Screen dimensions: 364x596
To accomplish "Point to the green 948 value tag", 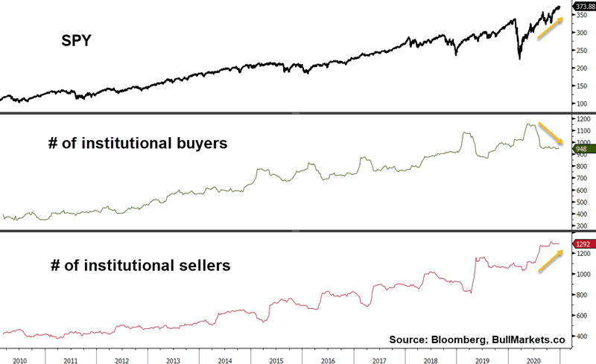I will point(582,149).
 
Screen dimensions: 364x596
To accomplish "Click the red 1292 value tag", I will point(582,243).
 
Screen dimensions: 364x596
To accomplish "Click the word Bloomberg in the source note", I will point(457,339).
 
